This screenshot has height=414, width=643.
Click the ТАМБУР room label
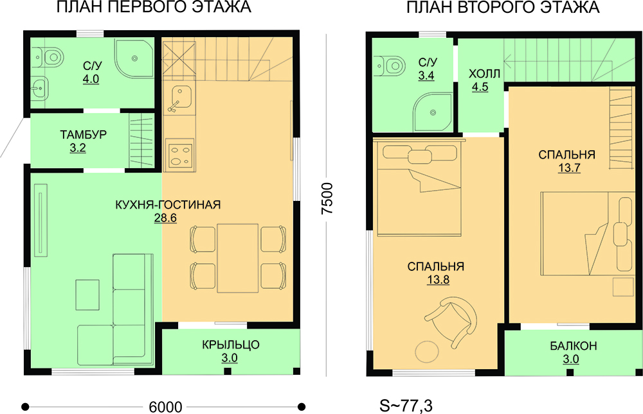click(x=84, y=134)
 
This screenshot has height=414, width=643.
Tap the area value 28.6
click(x=165, y=218)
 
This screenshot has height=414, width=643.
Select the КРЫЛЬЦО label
click(x=230, y=345)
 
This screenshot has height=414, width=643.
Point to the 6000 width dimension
click(x=165, y=407)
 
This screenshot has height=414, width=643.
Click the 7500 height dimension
click(x=327, y=198)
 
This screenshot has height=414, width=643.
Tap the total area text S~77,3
click(x=406, y=406)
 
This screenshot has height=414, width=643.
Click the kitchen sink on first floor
click(x=179, y=98)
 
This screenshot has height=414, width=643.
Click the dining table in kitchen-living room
click(x=238, y=258)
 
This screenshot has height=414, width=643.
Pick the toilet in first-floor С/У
click(x=49, y=57)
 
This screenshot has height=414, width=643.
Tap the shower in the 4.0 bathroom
click(x=134, y=58)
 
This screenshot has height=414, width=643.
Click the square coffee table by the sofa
click(x=87, y=295)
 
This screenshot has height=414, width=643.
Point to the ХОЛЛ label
click(x=484, y=74)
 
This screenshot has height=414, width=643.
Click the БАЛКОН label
click(x=574, y=345)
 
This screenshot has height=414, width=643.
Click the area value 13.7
click(x=569, y=168)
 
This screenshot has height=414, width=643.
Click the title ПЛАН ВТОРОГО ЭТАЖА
click(x=503, y=8)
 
